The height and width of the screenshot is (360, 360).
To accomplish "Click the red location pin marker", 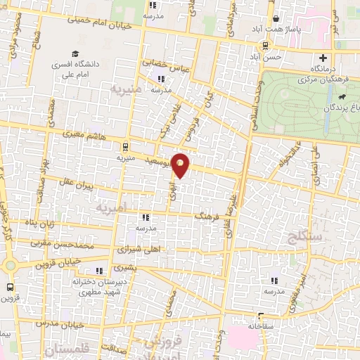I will (181, 165).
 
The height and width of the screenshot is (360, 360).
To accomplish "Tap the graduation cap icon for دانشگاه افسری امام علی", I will (74, 54).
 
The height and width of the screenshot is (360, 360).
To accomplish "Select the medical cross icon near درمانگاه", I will (323, 58).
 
